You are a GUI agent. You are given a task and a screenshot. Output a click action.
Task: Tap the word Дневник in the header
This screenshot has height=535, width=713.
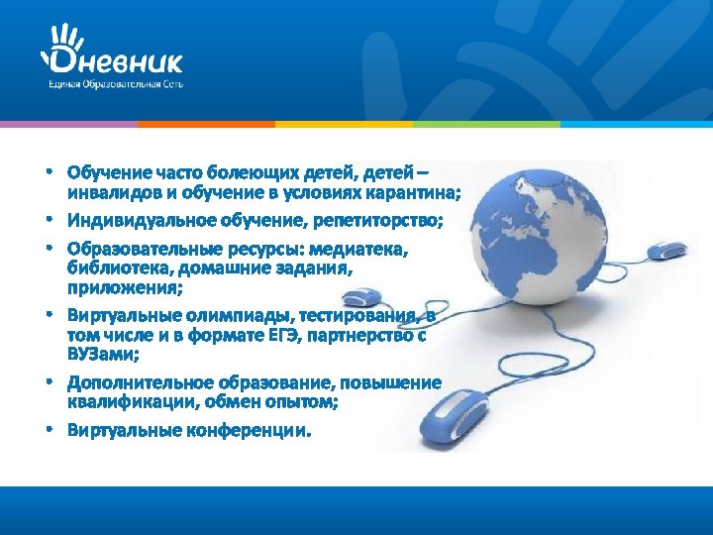[x=117, y=62]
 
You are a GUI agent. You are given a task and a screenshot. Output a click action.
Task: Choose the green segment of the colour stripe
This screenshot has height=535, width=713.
[x=485, y=124]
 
